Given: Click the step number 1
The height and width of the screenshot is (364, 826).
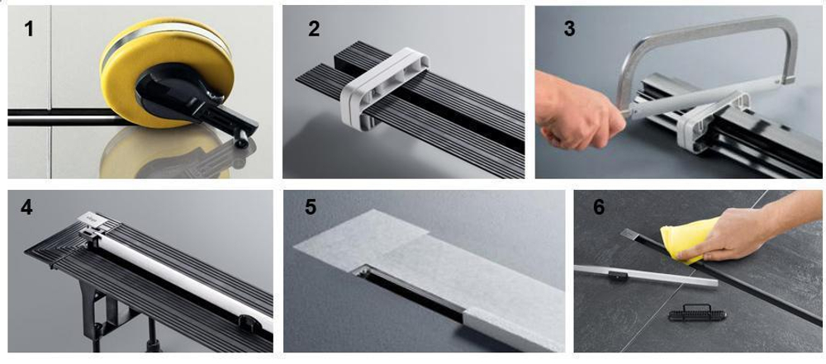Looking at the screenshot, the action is click(28, 28).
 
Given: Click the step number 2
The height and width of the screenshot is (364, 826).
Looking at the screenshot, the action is click(314, 28).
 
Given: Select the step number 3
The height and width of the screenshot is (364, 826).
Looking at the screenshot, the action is click(569, 28).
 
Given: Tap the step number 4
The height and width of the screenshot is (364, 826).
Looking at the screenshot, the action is click(26, 207).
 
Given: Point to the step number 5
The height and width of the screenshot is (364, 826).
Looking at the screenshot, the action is click(311, 207).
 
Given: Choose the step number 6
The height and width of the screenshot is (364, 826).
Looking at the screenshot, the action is click(599, 207).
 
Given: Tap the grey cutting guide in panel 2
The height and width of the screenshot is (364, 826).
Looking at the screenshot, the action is click(384, 87).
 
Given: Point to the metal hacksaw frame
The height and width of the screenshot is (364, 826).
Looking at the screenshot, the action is click(706, 69).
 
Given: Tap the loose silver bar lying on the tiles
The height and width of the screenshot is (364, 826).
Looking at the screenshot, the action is click(645, 276).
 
